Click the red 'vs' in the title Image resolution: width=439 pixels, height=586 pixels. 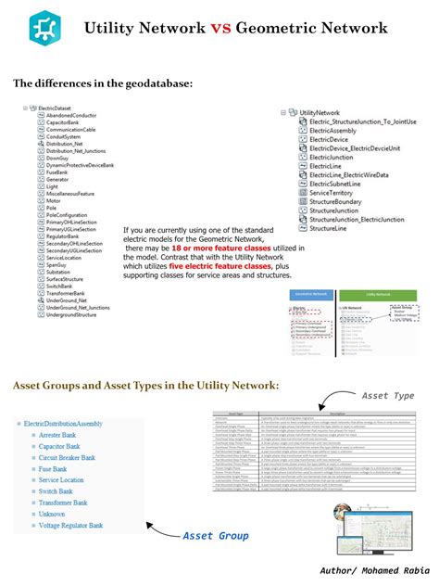tap(219, 29)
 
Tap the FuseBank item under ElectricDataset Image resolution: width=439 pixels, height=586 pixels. tap(56, 172)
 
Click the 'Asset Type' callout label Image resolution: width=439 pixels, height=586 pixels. tap(388, 396)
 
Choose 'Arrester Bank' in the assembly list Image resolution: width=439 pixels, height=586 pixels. tap(64, 434)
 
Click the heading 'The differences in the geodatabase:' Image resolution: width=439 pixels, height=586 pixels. tap(103, 84)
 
